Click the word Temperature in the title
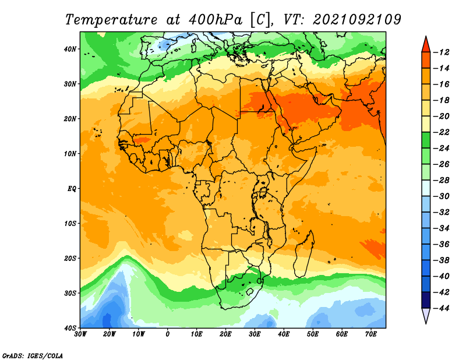click(x=111, y=20)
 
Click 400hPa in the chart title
click(x=215, y=20)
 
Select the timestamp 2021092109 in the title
click(x=357, y=20)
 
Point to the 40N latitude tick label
click(x=70, y=49)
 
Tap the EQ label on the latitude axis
click(x=72, y=189)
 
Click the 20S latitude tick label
click(x=70, y=258)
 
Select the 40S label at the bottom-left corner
click(x=70, y=328)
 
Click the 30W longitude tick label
click(x=80, y=334)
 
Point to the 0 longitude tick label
click(x=168, y=334)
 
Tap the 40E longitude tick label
click(x=284, y=334)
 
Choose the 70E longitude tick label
click(x=371, y=334)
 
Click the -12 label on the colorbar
click(x=442, y=52)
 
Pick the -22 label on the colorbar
click(x=442, y=132)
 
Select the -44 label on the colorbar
click(x=442, y=308)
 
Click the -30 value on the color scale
click(x=442, y=196)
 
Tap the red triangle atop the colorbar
click(x=426, y=45)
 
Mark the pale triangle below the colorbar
click(x=426, y=315)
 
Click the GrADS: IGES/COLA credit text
click(x=33, y=356)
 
